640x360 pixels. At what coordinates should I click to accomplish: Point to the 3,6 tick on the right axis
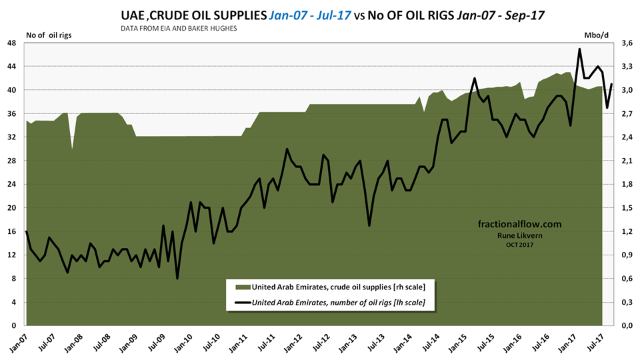tap(625, 42)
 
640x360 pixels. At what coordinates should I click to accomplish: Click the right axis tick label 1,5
tap(625, 207)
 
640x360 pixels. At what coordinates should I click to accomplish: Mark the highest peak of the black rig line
tap(579, 49)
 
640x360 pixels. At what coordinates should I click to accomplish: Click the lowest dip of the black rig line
tap(177, 278)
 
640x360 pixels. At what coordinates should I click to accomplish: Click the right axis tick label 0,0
tap(625, 326)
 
